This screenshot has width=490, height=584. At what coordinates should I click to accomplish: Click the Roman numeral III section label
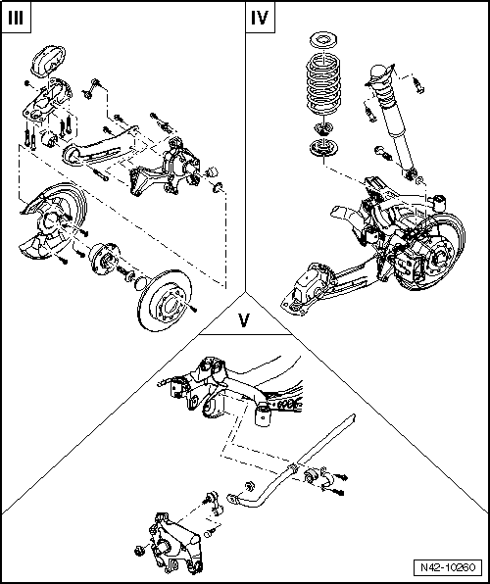15,18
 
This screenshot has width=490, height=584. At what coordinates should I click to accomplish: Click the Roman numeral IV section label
260,18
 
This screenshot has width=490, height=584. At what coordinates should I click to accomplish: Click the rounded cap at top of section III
48,61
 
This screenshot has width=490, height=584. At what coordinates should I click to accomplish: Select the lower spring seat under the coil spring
320,149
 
